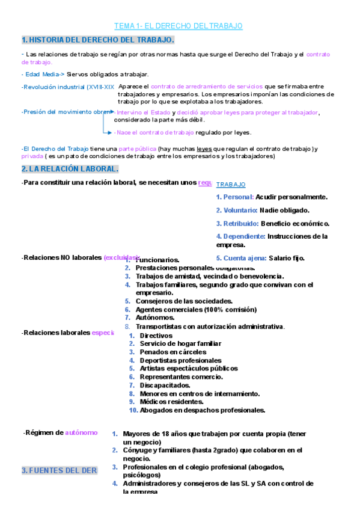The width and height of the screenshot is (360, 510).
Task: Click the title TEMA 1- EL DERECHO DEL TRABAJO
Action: [x=178, y=26]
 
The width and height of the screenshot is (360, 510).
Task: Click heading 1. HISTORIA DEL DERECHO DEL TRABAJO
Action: [x=98, y=40]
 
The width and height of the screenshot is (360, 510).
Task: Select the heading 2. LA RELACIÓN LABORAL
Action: [x=70, y=168]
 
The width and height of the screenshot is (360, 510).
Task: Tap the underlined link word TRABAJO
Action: [x=231, y=185]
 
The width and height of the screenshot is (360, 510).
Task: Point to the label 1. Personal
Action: [x=234, y=197]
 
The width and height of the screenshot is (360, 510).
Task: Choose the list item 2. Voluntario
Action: [x=237, y=210]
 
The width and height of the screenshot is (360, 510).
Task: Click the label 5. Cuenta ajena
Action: [x=242, y=258]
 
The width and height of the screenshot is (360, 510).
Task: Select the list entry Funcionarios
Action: [x=157, y=260]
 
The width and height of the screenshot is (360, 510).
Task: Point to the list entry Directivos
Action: [x=156, y=336]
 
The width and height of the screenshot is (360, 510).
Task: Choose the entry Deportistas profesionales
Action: [x=172, y=360]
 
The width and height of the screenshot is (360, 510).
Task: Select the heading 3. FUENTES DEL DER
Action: [x=59, y=470]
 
